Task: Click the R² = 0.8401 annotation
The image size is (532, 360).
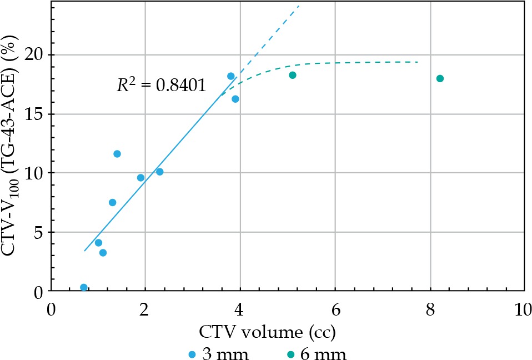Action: tap(162, 86)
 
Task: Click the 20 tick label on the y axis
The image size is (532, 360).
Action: tap(35, 55)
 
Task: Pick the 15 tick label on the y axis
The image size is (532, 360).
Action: tap(35, 114)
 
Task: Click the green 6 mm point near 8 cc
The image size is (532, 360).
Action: tap(440, 78)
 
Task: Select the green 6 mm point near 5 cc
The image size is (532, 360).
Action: tap(293, 75)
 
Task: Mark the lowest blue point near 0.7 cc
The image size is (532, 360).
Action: tap(84, 287)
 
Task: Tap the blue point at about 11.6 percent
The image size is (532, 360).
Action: tap(117, 154)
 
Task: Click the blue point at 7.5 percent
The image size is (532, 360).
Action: tap(112, 202)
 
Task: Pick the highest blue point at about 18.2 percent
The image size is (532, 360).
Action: tap(230, 76)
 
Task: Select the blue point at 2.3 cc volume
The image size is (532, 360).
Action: tap(159, 172)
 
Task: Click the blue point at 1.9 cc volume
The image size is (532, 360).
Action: tap(140, 178)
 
